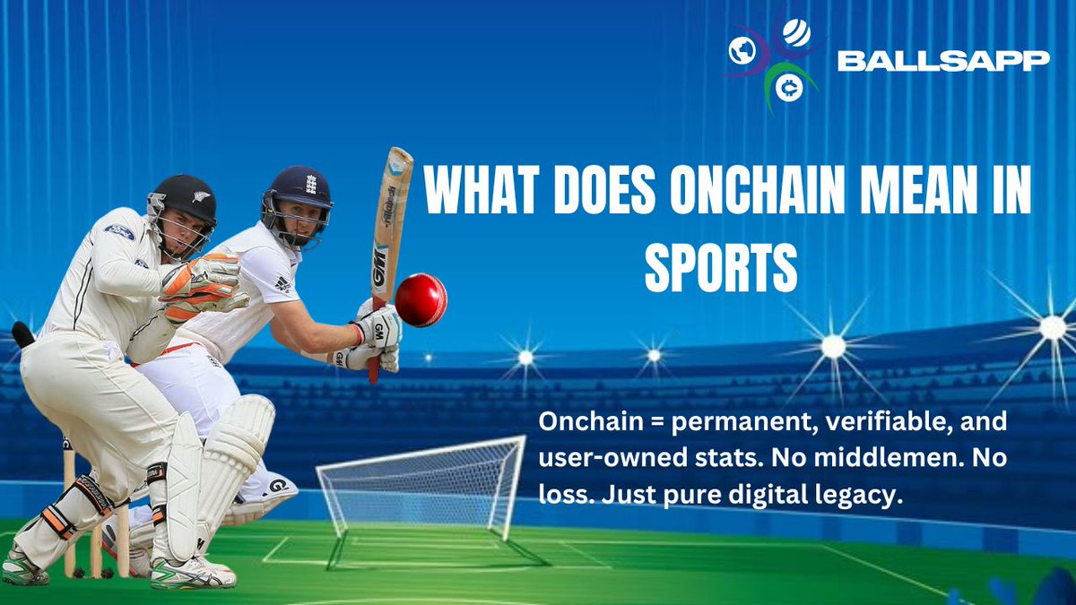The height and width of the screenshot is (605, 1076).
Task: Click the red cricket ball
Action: pos(421,299)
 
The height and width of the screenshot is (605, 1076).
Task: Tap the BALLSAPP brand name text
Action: pos(942,60)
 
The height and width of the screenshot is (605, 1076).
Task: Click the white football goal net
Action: pos(421,488)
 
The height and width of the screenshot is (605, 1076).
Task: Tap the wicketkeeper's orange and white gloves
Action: pos(202,287)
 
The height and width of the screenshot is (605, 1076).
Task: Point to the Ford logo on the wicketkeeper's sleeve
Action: pos(119,232)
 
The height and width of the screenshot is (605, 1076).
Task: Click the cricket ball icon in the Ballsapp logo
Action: pos(795,33)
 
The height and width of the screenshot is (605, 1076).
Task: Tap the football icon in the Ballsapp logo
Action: pos(742,52)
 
